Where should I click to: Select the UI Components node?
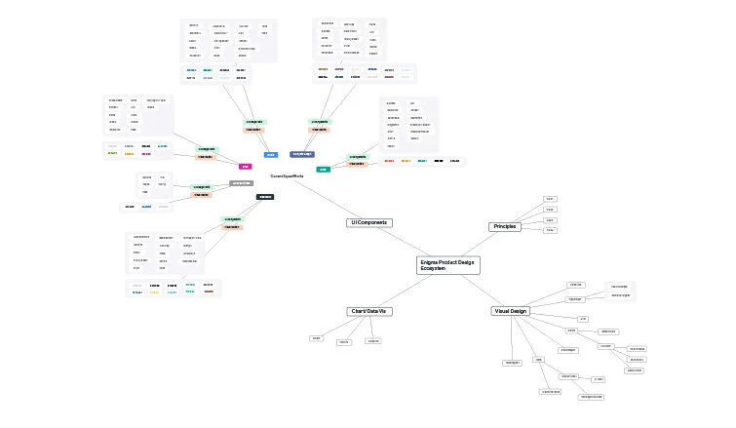369,222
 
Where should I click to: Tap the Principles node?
505,226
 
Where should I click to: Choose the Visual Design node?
510,311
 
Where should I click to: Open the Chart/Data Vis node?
369,311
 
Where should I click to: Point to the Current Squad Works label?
287,175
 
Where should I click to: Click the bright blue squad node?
271,154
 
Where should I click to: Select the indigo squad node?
302,154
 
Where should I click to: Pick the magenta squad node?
246,166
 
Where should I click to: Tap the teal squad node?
324,169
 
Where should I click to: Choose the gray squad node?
242,182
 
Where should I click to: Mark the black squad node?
265,196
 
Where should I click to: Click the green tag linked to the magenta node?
207,149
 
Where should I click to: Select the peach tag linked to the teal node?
357,164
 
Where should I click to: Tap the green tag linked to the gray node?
202,186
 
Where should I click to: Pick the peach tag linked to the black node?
232,227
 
